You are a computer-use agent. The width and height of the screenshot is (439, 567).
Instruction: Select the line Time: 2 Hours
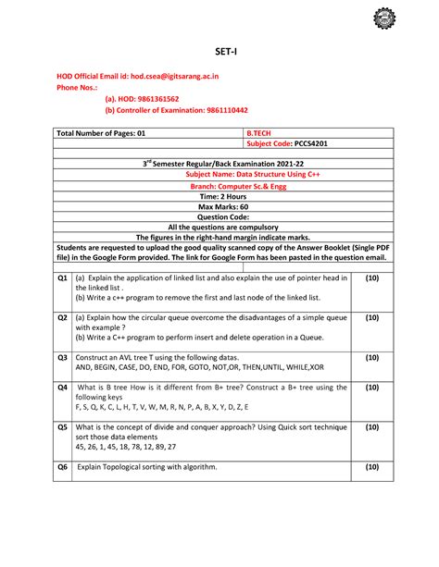click(x=219, y=196)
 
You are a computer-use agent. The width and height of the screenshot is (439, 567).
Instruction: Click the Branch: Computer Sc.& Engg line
click(x=219, y=185)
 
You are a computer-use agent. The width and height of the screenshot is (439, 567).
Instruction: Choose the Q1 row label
click(x=62, y=277)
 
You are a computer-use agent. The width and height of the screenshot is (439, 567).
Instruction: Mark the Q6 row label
click(x=62, y=467)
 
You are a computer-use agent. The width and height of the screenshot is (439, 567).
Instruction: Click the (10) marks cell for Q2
click(x=371, y=317)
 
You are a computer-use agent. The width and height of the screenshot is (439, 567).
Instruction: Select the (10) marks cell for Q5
click(x=371, y=427)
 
